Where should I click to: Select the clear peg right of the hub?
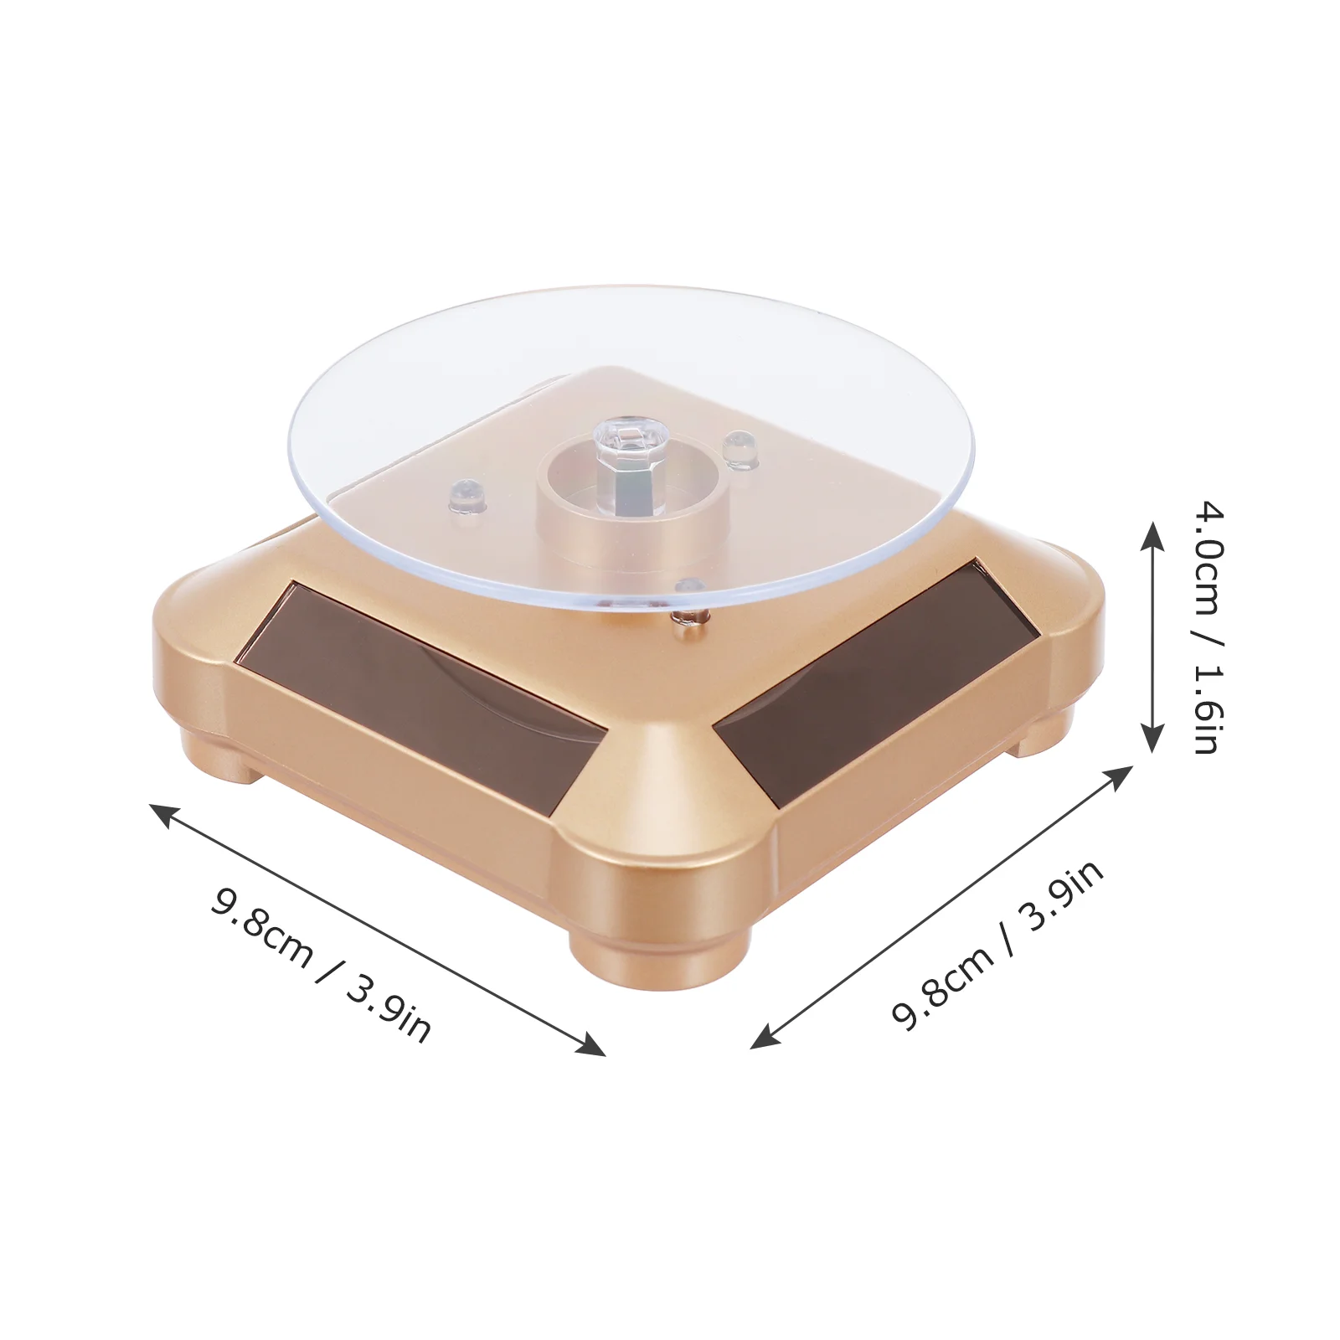tap(739, 450)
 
